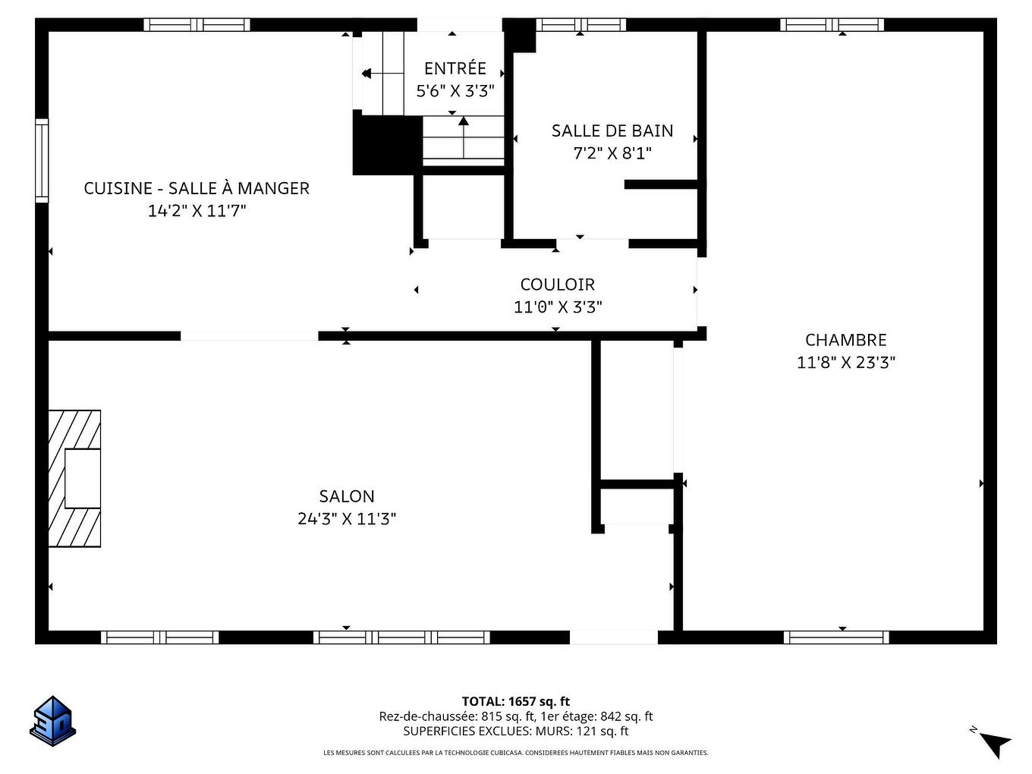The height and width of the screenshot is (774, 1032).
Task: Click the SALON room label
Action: click(x=347, y=496)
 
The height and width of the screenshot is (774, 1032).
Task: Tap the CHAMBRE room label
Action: click(x=845, y=340)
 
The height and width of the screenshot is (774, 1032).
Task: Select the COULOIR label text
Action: click(x=557, y=285)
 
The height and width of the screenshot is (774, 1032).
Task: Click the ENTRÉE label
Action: click(x=455, y=68)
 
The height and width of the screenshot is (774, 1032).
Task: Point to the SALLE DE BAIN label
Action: click(x=612, y=131)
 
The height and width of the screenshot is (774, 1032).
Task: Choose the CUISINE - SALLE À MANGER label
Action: click(x=197, y=188)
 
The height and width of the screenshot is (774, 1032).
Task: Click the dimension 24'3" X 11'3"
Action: click(x=347, y=519)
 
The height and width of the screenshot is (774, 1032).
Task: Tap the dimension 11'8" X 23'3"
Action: click(x=845, y=363)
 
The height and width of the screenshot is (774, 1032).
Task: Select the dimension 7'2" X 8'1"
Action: click(x=612, y=153)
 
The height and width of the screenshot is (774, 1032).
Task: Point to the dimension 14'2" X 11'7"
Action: click(x=197, y=211)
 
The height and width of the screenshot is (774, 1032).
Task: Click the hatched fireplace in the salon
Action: click(x=74, y=478)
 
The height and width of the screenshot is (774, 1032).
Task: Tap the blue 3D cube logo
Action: click(x=53, y=720)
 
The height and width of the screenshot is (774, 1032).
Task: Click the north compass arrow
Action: click(x=996, y=743)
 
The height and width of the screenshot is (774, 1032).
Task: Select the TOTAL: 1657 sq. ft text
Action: click(x=515, y=701)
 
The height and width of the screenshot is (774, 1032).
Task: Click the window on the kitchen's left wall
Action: click(x=42, y=159)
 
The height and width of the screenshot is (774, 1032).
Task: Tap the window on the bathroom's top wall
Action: click(x=580, y=24)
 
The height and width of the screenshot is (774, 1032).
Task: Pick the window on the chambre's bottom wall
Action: click(x=835, y=637)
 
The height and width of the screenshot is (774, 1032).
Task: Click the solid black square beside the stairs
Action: click(x=387, y=144)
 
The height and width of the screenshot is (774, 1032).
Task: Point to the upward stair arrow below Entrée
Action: click(x=463, y=137)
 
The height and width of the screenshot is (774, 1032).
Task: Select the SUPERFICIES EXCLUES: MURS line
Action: click(x=515, y=732)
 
